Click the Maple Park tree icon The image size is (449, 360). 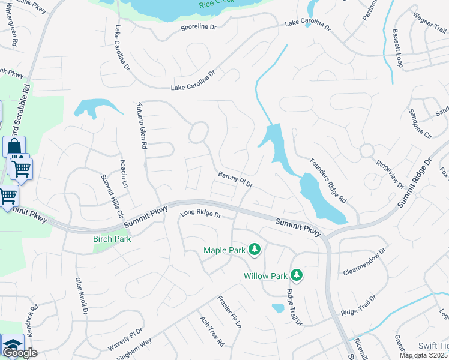point(255,249)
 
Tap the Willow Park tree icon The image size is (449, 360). point(296,275)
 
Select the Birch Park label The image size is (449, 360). point(112,239)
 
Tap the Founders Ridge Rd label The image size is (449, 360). point(328,179)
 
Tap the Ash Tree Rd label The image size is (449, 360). point(212,332)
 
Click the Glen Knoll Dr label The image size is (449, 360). point(82,296)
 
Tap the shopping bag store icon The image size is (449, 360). point(14,146)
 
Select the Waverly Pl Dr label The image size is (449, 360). point(125,340)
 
